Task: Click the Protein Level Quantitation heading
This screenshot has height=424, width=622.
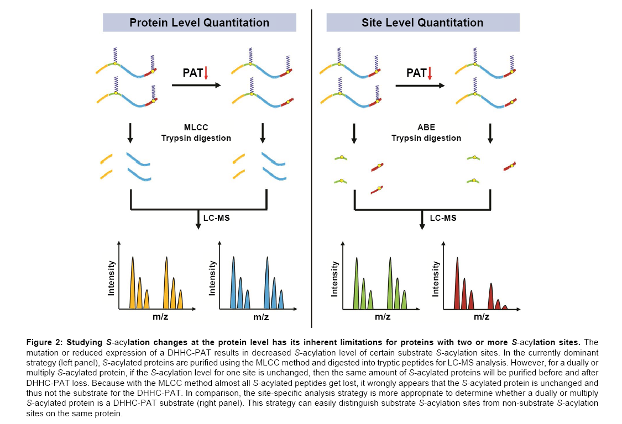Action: [x=199, y=23]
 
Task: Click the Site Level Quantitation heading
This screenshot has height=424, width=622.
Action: [x=422, y=23]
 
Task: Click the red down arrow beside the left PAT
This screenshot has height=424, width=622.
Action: [x=206, y=73]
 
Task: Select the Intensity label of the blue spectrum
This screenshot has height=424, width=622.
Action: [x=212, y=278]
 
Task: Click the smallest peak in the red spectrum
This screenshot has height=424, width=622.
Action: [x=504, y=306]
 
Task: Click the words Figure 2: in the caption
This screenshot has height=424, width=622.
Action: [x=44, y=343]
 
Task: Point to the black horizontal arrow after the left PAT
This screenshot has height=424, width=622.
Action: [x=196, y=86]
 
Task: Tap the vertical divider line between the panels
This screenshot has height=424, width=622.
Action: [x=312, y=166]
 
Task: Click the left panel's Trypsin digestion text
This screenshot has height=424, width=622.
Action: [x=196, y=138]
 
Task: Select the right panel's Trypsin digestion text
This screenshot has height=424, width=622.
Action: [x=426, y=138]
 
